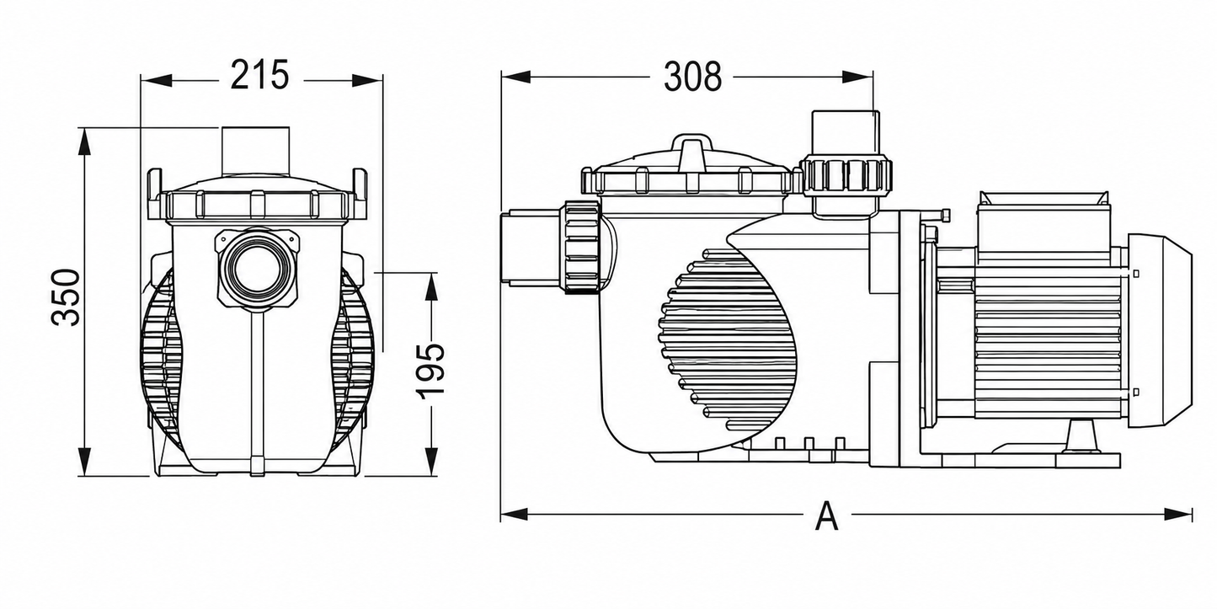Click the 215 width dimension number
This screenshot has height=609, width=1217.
[x=259, y=75]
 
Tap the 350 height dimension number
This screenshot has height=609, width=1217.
[x=66, y=296]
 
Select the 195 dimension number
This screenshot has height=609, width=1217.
[x=431, y=371]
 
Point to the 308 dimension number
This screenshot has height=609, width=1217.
[x=692, y=77]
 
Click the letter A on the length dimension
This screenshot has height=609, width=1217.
[x=827, y=516]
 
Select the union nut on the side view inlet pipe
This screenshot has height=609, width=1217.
[x=582, y=247]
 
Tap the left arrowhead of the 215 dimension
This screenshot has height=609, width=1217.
[x=157, y=80]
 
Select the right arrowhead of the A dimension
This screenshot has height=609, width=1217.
[x=1178, y=513]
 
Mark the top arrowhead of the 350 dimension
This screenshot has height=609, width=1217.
[x=84, y=144]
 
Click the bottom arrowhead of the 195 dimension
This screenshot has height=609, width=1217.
[x=431, y=461]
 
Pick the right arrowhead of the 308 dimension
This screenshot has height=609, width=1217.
[x=857, y=77]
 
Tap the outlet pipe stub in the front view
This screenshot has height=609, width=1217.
[x=255, y=151]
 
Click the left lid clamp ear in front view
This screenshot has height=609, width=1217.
[x=155, y=194]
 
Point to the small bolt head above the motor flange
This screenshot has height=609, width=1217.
[x=944, y=215]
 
